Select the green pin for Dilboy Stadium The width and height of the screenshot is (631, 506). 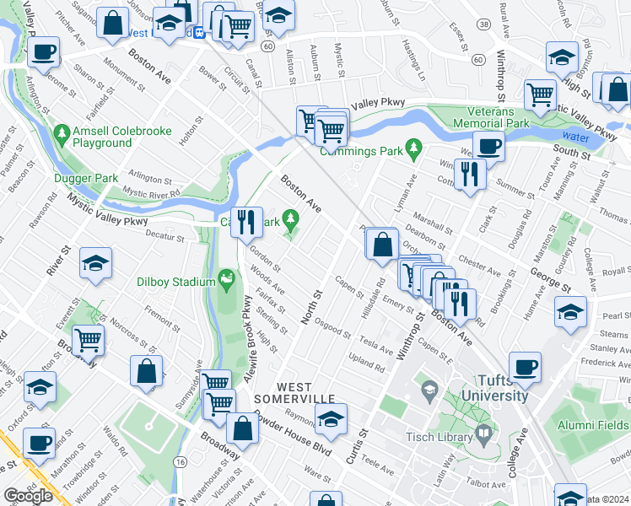[x=225, y=277]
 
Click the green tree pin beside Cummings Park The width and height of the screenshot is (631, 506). [x=413, y=149]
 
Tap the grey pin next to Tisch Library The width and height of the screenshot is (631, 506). [x=484, y=434]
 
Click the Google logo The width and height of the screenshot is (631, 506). [x=29, y=496]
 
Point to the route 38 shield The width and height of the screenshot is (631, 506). [x=483, y=25]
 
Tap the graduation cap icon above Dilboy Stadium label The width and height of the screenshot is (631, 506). [x=95, y=263]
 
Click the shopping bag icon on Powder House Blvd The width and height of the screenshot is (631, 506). [x=242, y=428]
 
